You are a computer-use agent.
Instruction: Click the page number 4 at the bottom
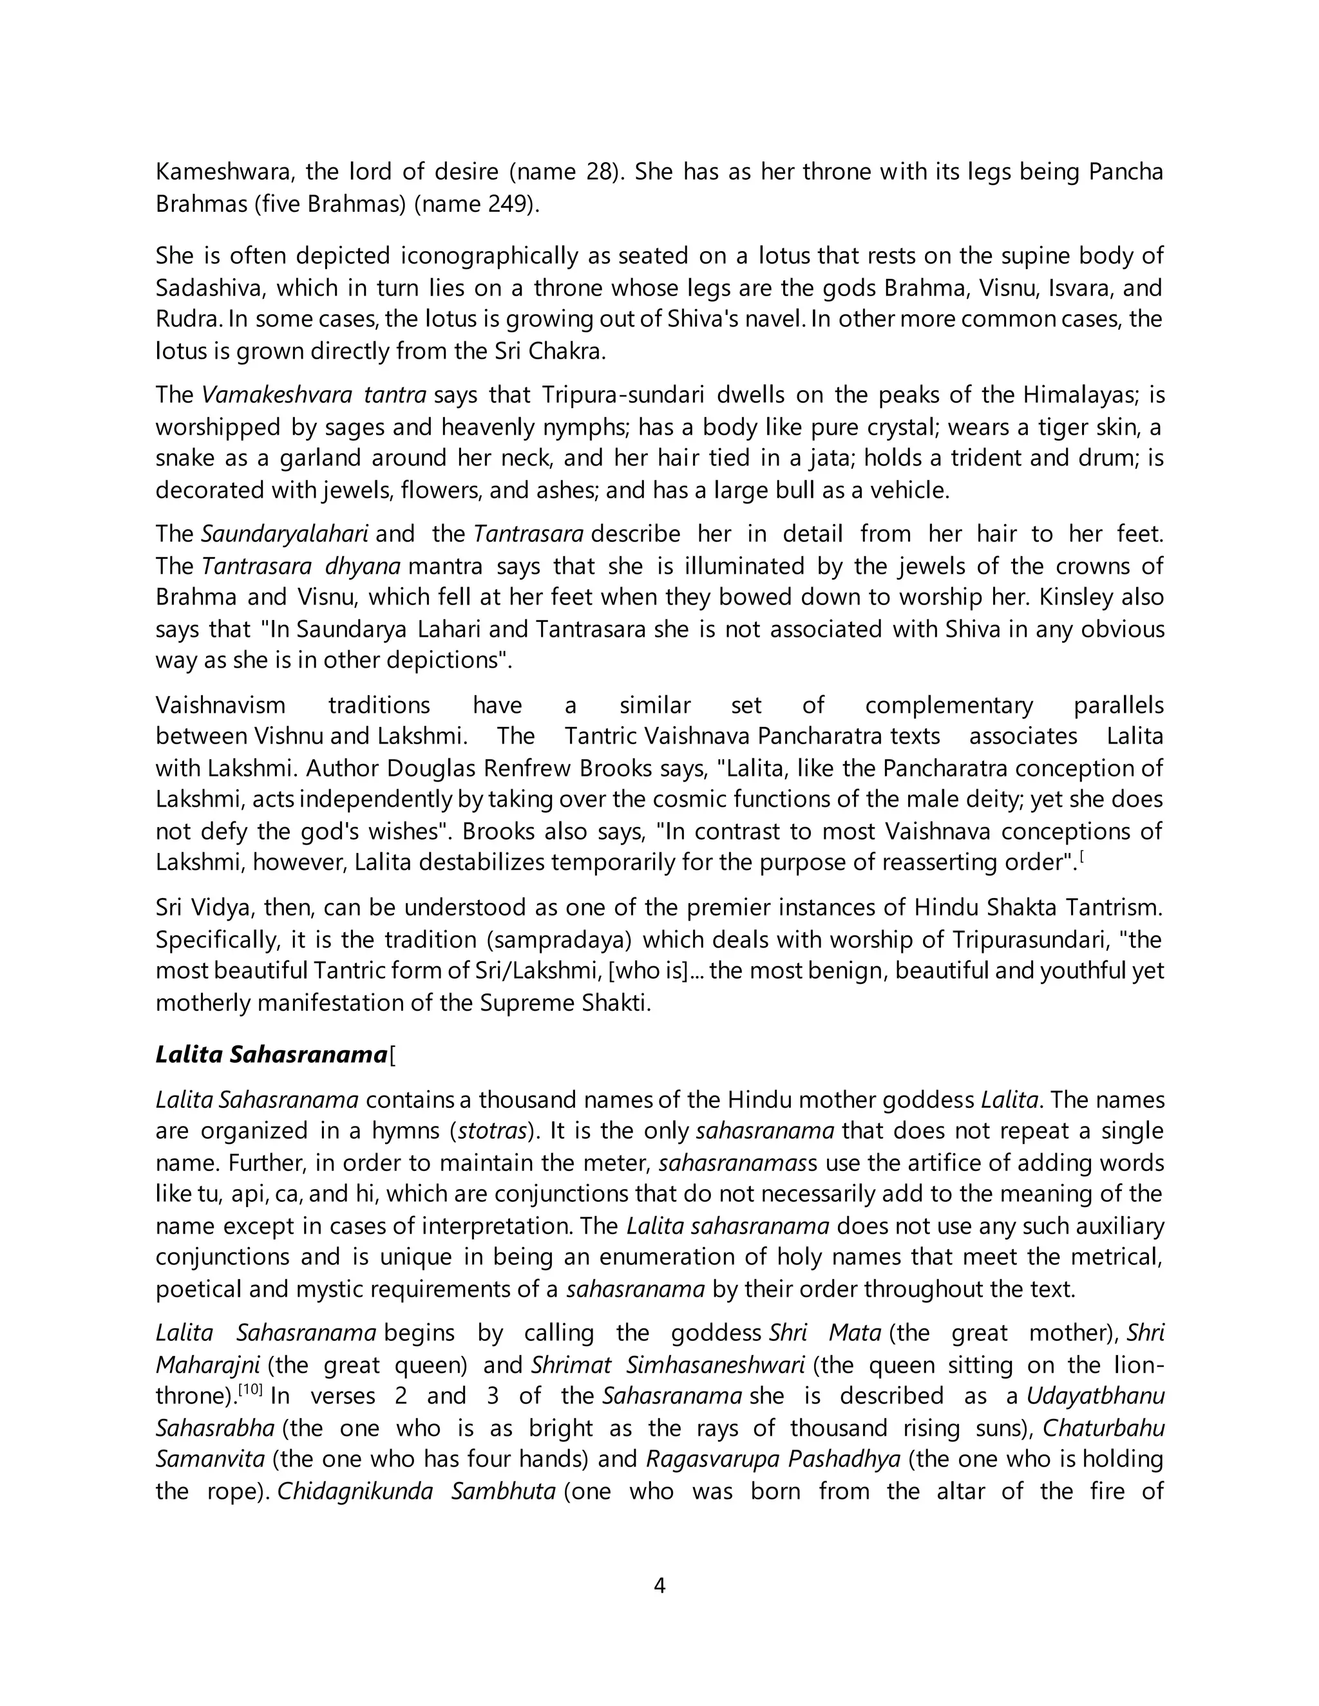point(659,1585)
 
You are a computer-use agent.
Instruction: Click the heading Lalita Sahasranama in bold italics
point(271,1055)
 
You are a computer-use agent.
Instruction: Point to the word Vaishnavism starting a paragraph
point(220,706)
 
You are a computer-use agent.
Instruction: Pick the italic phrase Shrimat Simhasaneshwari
point(668,1365)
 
